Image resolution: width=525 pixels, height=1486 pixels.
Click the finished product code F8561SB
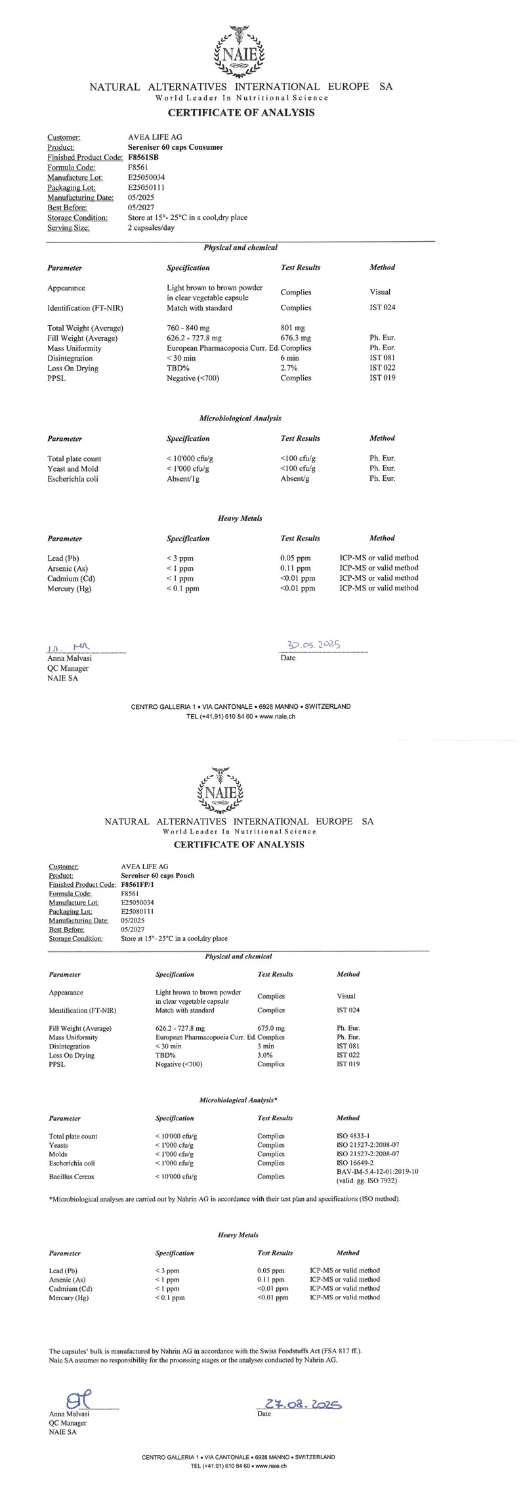coord(142,158)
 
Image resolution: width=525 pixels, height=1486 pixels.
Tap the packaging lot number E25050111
coord(146,187)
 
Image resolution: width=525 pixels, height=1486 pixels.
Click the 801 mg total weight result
coord(293,328)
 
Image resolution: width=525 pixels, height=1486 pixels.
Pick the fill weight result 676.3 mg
coord(295,338)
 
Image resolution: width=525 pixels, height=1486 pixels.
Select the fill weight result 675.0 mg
coord(271,1028)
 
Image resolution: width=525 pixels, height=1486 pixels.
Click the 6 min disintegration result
coord(289,358)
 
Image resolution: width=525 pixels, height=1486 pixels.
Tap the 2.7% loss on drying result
coord(288,369)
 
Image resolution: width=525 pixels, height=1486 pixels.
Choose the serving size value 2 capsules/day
coord(151,228)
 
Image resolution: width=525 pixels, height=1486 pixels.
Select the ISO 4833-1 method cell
coord(353,1136)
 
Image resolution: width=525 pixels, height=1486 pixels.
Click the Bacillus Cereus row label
coord(72,1177)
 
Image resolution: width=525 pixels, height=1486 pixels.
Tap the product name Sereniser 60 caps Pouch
coord(157,876)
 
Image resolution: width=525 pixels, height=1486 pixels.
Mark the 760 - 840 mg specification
coord(190,328)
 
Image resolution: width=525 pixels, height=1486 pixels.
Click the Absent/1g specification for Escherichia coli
coord(183,479)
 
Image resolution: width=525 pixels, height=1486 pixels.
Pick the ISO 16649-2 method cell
coord(355,1163)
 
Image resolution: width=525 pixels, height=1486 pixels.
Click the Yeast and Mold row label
coord(73,469)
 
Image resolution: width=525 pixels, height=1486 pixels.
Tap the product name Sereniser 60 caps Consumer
coord(175,147)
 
